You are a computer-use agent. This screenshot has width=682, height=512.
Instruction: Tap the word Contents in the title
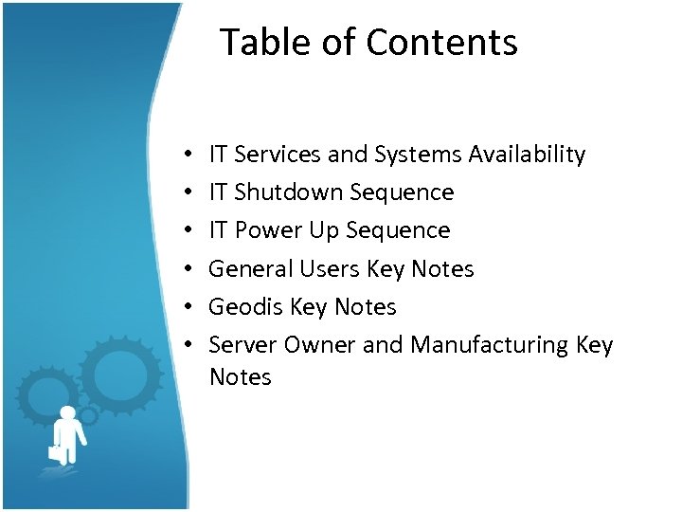(x=441, y=43)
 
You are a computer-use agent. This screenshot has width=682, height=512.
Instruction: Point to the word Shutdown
(x=289, y=192)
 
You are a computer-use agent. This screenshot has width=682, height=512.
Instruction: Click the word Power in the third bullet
(x=265, y=230)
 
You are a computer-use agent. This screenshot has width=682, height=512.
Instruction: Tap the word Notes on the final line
(x=240, y=376)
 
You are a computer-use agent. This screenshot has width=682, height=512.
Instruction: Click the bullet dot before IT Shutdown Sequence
(x=188, y=192)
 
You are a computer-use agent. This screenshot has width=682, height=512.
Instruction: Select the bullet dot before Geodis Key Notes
(x=188, y=307)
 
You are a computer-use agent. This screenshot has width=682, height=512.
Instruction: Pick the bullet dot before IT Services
(x=188, y=155)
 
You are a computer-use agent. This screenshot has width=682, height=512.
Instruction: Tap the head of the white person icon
(x=69, y=413)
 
